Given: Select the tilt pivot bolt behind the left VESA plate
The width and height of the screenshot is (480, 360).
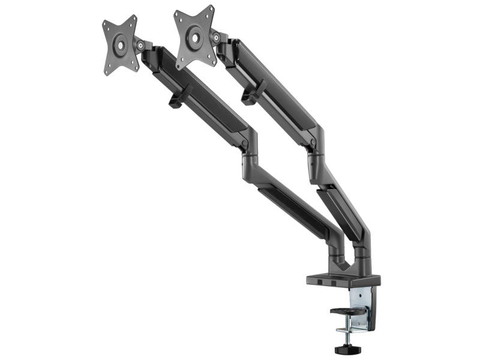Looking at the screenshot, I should pos(139,44).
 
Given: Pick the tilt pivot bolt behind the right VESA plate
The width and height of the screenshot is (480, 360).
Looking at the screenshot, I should pos(214,37).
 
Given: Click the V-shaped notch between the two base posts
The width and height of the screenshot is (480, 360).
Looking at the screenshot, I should pos(343,260).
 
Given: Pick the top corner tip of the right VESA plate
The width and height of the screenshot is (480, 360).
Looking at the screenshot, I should pos(211,8).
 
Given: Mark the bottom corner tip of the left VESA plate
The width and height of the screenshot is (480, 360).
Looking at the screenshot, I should pos(106,73).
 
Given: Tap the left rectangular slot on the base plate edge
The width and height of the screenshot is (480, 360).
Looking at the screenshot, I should pos(321,282).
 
